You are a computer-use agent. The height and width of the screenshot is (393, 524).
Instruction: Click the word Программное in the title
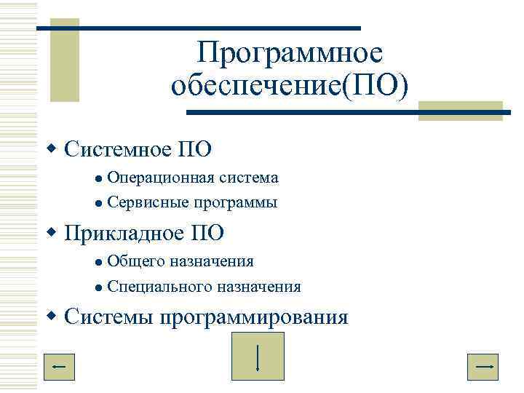pos(290,54)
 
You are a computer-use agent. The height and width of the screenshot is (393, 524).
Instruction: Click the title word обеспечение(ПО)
pos(290,87)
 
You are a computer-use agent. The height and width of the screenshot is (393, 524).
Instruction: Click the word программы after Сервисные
pos(235,203)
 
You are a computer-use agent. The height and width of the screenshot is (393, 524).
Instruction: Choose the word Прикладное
pos(124,234)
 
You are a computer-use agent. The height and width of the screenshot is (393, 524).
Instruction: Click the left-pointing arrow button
pos(60,367)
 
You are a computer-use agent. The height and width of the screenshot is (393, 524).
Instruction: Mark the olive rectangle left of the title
pos(69,65)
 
